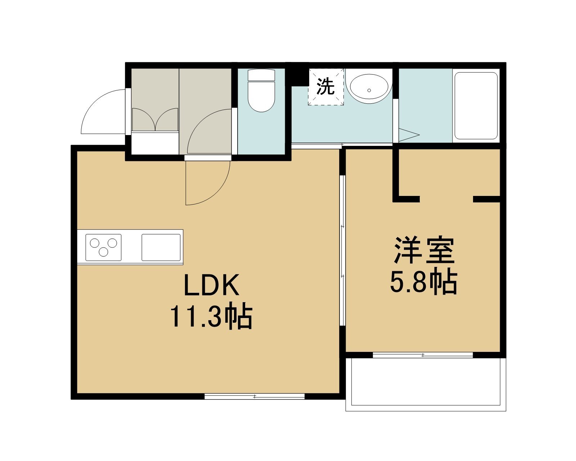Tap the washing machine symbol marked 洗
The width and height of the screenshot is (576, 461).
326,87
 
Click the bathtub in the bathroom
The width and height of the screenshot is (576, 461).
476,106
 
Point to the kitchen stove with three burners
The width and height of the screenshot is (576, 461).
103,247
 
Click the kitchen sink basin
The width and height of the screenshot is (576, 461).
161,247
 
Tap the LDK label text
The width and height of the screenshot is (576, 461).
211,286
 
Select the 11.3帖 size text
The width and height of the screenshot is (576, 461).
211,317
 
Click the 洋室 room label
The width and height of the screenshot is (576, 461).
424,250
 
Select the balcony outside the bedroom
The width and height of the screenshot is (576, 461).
426,383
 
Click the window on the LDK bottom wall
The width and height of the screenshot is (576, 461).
255,396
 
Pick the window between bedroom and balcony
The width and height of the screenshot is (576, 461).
423,355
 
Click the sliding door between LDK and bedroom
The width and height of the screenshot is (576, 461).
342,250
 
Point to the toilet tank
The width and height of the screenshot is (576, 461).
261,75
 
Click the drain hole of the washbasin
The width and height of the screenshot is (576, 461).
369,90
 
